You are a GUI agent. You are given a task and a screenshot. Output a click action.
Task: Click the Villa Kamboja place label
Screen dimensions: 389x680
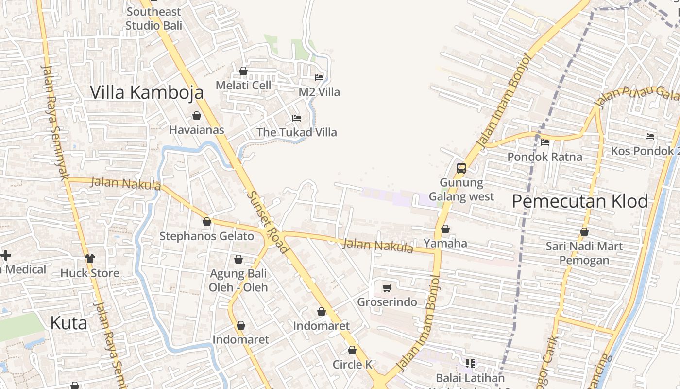[x=147, y=92]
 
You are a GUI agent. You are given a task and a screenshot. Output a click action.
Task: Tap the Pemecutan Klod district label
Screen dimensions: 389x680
[x=580, y=201]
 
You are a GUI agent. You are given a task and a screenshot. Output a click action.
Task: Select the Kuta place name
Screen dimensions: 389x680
[x=69, y=323]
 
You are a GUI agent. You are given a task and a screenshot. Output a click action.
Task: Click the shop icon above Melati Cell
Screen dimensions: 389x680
[x=243, y=71]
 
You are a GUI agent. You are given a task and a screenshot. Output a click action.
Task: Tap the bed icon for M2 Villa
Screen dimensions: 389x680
[x=319, y=78]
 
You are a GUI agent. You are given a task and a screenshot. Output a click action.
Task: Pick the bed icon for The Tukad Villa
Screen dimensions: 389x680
[x=296, y=118]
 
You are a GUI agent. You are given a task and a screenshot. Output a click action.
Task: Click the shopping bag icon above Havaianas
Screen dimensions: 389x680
[x=197, y=116]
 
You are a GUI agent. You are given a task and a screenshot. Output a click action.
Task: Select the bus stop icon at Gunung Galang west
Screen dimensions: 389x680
[x=461, y=168]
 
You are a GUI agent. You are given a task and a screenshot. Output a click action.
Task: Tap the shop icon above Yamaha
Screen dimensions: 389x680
[x=445, y=229]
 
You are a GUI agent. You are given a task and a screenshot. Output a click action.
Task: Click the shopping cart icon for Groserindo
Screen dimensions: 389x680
[x=387, y=288]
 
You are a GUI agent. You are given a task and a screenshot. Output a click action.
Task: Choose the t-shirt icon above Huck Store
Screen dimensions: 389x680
[x=90, y=259]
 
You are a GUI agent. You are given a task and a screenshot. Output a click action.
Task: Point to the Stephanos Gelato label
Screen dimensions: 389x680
[x=207, y=236]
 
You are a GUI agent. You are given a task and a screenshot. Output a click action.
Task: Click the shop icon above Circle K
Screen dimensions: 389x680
[x=352, y=350]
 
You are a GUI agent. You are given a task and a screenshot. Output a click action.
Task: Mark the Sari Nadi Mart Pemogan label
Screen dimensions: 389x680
[x=584, y=253]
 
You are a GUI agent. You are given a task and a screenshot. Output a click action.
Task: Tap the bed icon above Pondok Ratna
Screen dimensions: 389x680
[x=545, y=142]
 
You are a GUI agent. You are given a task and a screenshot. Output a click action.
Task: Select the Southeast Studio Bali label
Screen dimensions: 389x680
[x=153, y=18]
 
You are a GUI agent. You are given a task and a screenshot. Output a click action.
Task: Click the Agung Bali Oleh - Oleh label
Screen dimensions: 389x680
[x=238, y=280]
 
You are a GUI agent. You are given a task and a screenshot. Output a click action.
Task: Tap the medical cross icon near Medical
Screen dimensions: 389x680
[x=6, y=255]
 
